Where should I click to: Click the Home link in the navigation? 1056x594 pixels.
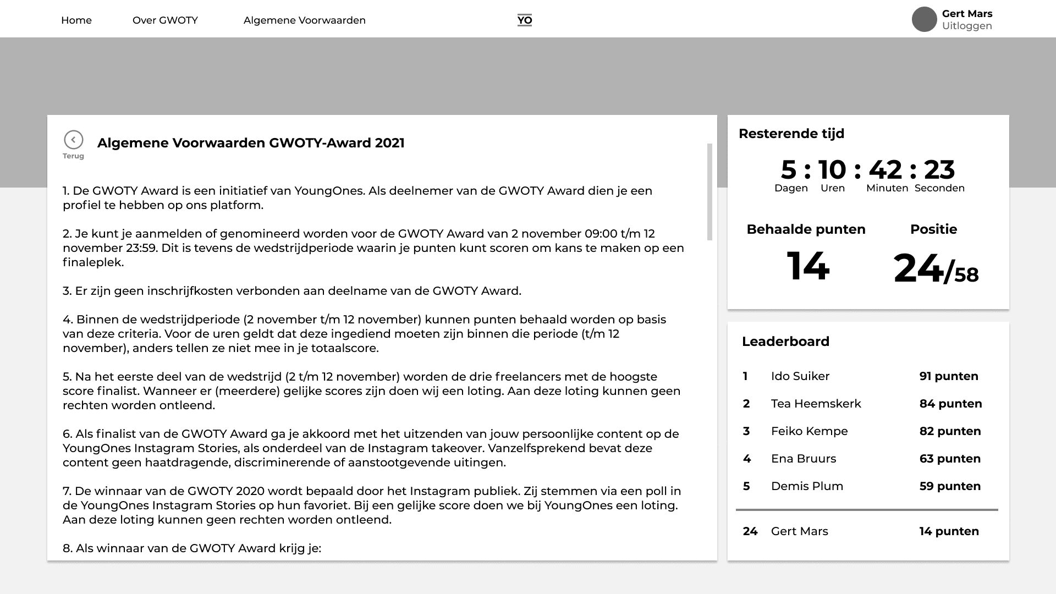[x=76, y=20]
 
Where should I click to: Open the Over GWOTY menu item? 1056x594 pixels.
[x=165, y=20]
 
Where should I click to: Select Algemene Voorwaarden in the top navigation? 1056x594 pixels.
[x=304, y=20]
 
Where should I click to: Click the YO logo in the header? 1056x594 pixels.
[x=525, y=20]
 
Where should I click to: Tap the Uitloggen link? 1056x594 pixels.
[x=966, y=26]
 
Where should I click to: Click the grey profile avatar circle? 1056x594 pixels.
[x=924, y=20]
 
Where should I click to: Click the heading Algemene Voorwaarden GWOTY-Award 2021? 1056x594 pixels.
[x=251, y=143]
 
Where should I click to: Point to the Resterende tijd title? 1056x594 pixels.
[x=791, y=134]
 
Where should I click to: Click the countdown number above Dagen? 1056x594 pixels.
[x=788, y=169]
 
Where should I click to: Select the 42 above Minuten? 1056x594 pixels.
[x=885, y=169]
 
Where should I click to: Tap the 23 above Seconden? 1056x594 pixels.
[x=939, y=169]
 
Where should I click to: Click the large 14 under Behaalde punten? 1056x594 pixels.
[x=807, y=267]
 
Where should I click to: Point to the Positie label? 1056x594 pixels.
[x=933, y=229]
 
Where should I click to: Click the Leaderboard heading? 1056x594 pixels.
[x=785, y=342]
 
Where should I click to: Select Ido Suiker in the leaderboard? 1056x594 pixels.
[x=800, y=376]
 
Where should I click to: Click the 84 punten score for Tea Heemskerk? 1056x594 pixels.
[x=950, y=404]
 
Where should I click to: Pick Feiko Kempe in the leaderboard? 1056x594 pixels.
[x=809, y=431]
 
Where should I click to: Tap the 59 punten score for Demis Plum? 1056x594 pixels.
[x=950, y=486]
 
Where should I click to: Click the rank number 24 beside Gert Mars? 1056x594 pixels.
[x=750, y=531]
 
